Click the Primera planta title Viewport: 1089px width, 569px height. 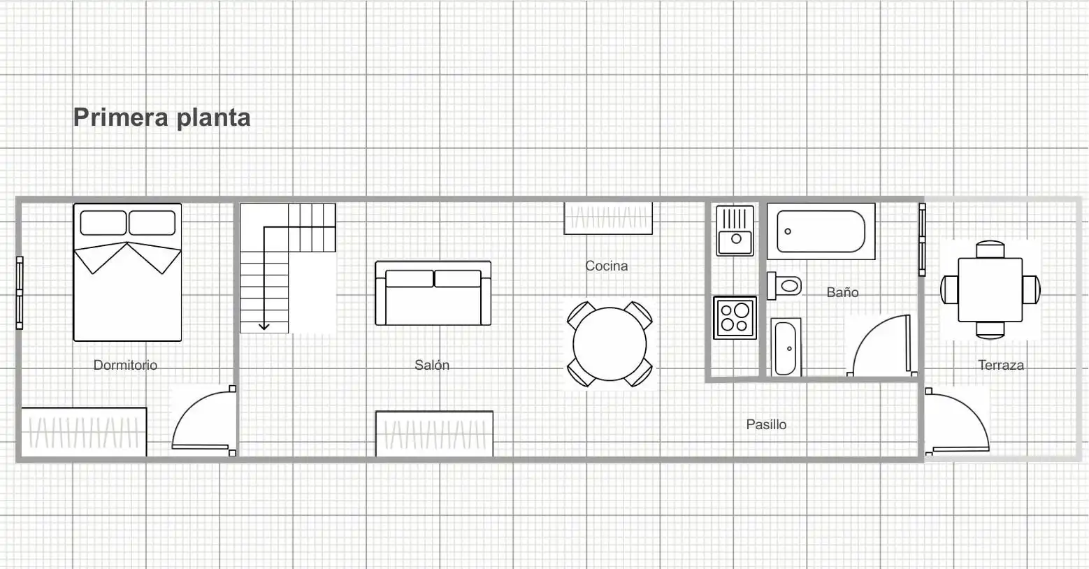click(162, 117)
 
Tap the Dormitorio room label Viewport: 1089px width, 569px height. click(125, 365)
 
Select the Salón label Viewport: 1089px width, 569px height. click(432, 365)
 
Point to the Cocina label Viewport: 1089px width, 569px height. click(606, 266)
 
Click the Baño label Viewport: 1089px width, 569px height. click(842, 292)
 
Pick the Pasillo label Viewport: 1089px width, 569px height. click(766, 424)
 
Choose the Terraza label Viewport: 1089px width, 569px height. click(1001, 365)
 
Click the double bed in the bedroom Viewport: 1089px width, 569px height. click(127, 273)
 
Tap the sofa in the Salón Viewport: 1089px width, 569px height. click(433, 294)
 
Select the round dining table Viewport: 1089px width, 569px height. click(610, 345)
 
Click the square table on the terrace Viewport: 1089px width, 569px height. click(990, 289)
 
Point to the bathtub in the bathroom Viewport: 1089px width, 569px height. click(821, 231)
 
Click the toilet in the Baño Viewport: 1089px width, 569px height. click(784, 286)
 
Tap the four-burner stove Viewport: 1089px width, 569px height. click(735, 317)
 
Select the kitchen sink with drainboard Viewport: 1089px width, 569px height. click(735, 231)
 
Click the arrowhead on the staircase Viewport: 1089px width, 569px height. click(264, 326)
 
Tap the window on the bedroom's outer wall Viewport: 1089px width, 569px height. click(20, 293)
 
